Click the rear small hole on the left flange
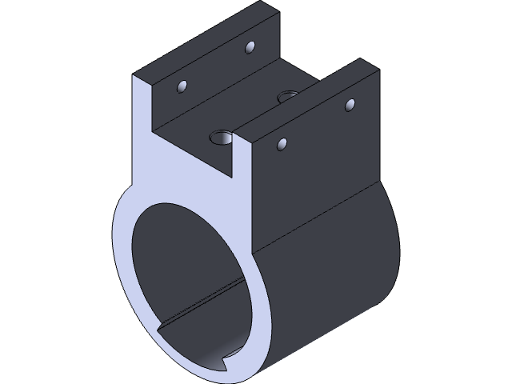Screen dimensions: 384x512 click(x=250, y=47)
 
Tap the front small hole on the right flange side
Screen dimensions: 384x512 click(x=282, y=144)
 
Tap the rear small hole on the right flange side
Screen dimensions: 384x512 click(x=349, y=104)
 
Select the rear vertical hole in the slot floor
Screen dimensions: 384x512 click(x=286, y=97)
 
